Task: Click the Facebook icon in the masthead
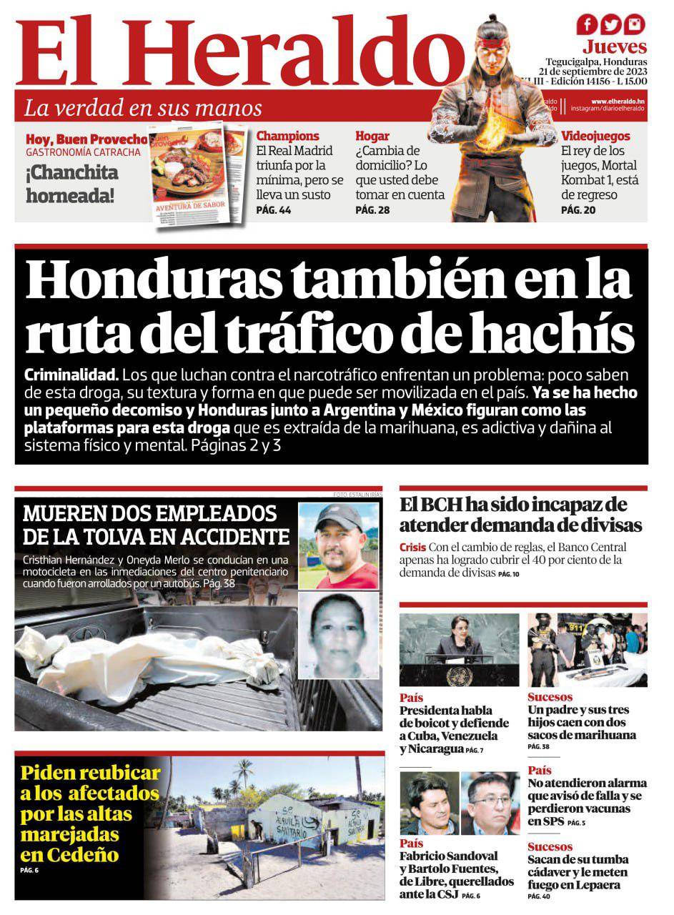coord(587,25)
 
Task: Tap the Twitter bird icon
coord(610,25)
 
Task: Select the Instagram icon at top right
coord(634,25)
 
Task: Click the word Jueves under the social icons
coord(614,47)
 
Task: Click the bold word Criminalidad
coord(71,375)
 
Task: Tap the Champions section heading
coord(287,136)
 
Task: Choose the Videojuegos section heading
coord(595,136)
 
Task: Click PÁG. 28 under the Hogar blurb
coord(372,210)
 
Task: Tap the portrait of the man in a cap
coord(337,545)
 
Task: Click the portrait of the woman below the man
coord(337,635)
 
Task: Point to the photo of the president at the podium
coord(459,649)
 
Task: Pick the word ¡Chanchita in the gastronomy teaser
coord(72,173)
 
